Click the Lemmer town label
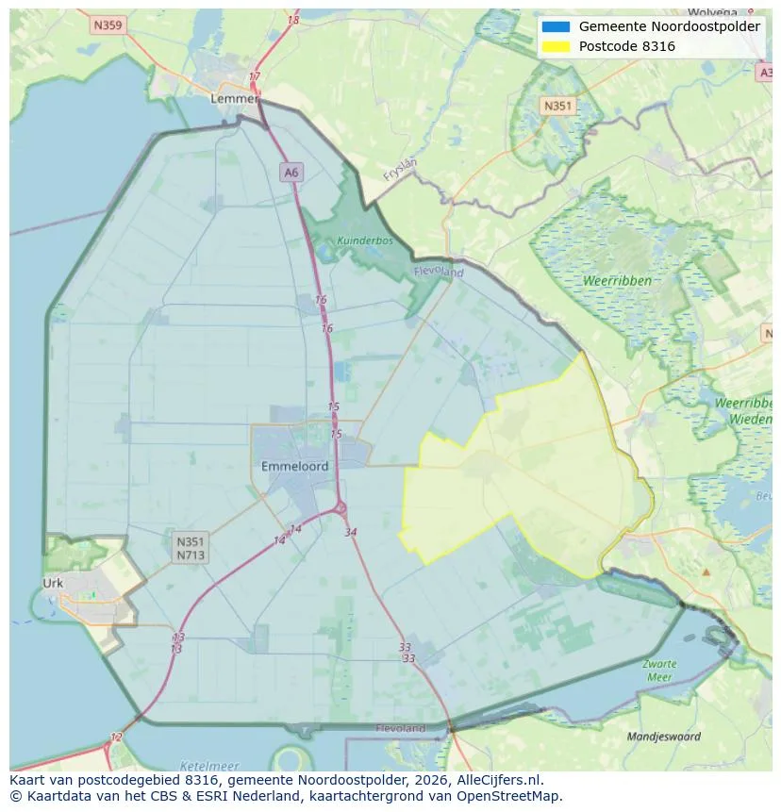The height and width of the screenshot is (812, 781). pyautogui.click(x=235, y=98)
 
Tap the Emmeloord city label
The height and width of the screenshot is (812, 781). pyautogui.click(x=294, y=466)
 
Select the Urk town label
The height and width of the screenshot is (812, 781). pyautogui.click(x=53, y=583)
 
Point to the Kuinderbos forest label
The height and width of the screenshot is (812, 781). pyautogui.click(x=364, y=240)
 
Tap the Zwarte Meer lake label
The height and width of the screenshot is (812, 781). pyautogui.click(x=659, y=670)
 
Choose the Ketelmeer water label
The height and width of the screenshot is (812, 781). pyautogui.click(x=208, y=766)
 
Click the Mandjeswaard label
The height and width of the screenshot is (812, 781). pyautogui.click(x=664, y=737)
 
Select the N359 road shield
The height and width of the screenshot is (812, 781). pyautogui.click(x=108, y=25)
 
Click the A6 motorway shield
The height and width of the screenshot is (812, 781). pyautogui.click(x=291, y=172)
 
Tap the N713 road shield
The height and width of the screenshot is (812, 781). pyautogui.click(x=190, y=555)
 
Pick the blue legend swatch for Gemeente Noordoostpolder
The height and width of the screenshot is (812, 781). pyautogui.click(x=557, y=27)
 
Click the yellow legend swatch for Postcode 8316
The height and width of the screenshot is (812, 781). pyautogui.click(x=557, y=46)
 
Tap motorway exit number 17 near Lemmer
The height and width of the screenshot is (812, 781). pyautogui.click(x=254, y=76)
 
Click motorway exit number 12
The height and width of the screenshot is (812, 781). pyautogui.click(x=116, y=737)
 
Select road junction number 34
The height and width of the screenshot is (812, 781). pyautogui.click(x=351, y=532)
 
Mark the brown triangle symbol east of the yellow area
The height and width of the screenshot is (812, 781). pyautogui.click(x=706, y=572)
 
